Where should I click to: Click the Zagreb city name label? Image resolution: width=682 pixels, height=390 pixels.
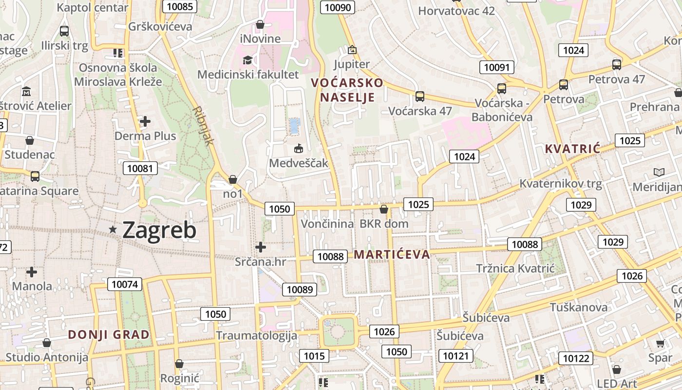159,230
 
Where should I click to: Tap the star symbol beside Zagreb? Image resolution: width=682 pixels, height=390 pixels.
113,229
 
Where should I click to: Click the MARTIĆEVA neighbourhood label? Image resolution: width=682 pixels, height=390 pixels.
392,254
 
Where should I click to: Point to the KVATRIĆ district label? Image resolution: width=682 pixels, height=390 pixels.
572,149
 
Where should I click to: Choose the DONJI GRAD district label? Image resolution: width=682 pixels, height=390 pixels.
109,334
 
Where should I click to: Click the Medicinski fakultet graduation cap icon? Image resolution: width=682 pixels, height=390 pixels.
248,60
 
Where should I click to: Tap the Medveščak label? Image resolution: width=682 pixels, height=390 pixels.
299,163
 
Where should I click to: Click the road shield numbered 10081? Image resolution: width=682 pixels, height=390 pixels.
140,169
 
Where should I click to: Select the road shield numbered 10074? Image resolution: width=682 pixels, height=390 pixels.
125,284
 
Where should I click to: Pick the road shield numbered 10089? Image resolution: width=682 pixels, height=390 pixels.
300,289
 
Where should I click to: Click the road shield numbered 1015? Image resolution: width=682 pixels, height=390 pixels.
314,356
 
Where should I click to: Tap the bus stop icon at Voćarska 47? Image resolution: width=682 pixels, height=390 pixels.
420,96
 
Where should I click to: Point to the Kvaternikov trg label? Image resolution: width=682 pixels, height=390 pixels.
561,184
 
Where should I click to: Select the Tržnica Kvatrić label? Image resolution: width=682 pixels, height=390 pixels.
515,268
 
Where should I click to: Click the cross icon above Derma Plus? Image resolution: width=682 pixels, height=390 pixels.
145,121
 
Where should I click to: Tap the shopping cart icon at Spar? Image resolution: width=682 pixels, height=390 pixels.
660,344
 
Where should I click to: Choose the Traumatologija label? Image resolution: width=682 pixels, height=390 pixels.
256,335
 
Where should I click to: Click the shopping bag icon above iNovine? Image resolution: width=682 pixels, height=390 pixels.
260,24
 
